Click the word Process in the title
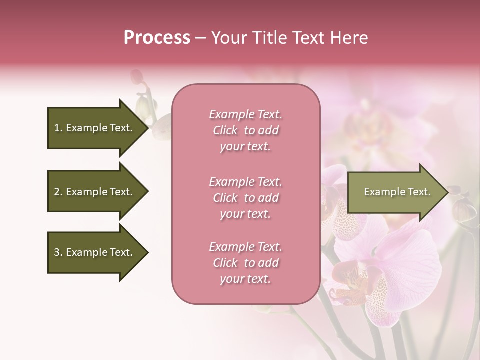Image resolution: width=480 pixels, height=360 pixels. [x=157, y=38]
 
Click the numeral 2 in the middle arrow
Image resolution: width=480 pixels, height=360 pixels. [x=57, y=192]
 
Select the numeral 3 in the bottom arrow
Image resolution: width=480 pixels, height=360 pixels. [x=57, y=252]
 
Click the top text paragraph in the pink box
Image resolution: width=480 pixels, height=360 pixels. [x=245, y=130]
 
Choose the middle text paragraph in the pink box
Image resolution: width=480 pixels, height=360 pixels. [x=245, y=198]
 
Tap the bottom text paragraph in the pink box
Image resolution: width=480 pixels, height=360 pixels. [x=245, y=263]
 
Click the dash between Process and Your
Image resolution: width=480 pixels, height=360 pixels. [x=201, y=38]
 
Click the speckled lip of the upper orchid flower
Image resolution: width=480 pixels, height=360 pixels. [x=345, y=220]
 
